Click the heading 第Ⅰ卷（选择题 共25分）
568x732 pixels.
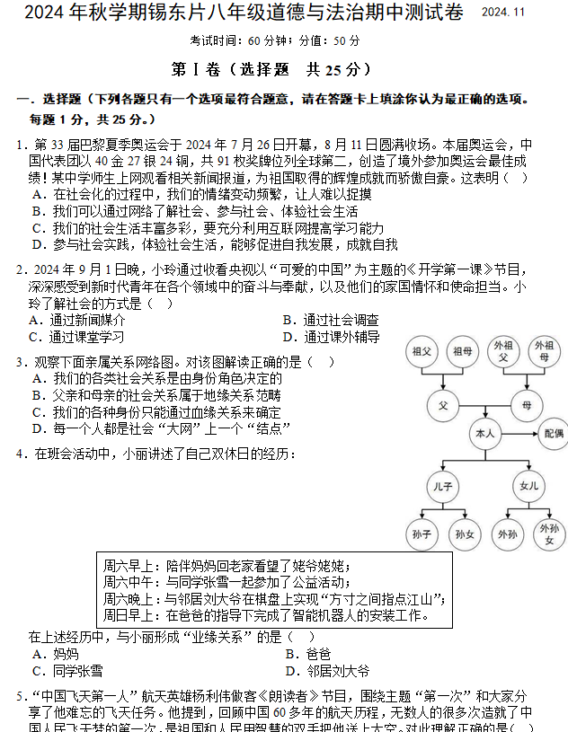[284, 68]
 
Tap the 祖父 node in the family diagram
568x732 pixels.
[422, 351]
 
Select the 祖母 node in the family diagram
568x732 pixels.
[463, 351]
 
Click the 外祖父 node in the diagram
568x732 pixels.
[504, 351]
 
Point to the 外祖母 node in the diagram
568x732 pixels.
[545, 351]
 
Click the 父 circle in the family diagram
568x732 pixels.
[442, 405]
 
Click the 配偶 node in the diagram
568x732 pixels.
[553, 433]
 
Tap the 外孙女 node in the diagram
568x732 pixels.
[549, 535]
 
